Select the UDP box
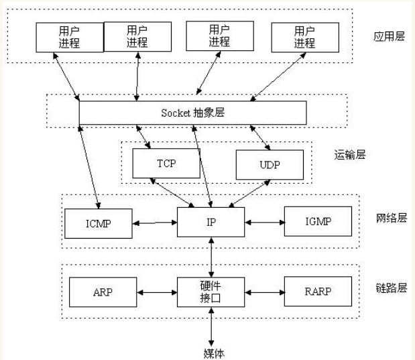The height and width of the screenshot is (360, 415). click(x=270, y=164)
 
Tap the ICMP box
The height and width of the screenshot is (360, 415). click(x=99, y=223)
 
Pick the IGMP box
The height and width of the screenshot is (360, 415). click(x=318, y=222)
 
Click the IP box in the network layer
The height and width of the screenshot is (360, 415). click(x=211, y=222)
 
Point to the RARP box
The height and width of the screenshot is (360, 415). click(x=318, y=292)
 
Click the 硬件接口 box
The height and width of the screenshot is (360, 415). click(x=211, y=292)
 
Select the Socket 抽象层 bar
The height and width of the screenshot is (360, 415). click(x=192, y=113)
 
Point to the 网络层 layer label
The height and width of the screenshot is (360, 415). click(x=391, y=219)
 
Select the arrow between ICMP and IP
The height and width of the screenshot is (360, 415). click(x=155, y=223)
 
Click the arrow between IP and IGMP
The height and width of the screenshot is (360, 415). click(x=265, y=222)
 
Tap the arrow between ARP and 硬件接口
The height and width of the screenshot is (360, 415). click(x=156, y=292)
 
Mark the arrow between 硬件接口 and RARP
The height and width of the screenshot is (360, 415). click(x=265, y=292)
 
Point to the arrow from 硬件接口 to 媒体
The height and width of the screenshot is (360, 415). click(x=212, y=326)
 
